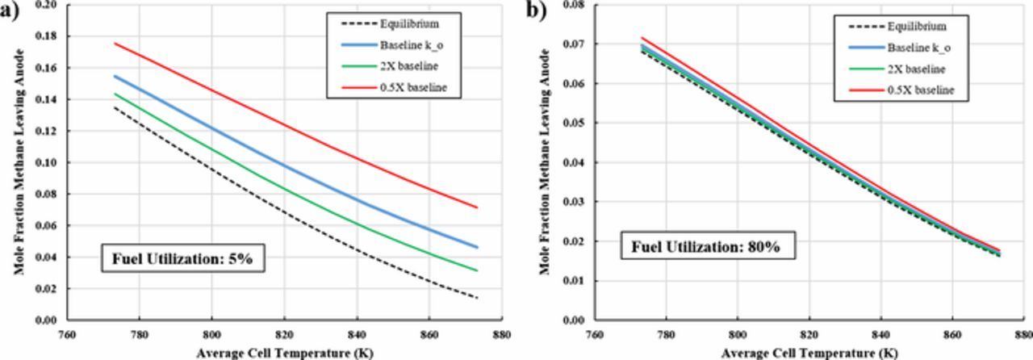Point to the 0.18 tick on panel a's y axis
pos(48,36)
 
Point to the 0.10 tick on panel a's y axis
pos(48,162)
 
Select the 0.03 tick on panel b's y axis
pos(575,202)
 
